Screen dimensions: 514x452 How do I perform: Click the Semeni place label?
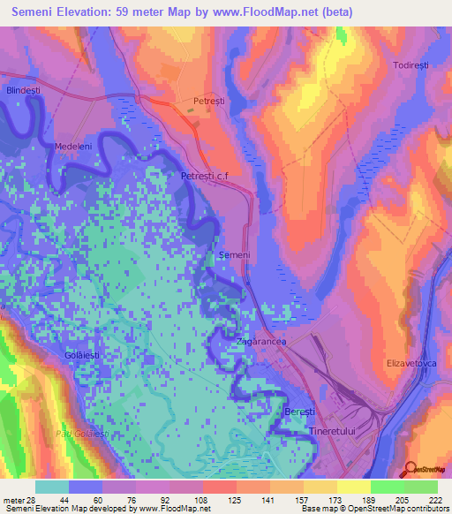235,255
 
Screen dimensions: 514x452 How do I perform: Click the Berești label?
299,412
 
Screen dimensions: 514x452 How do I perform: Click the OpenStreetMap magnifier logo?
410,469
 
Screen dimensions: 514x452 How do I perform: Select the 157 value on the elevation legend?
287,500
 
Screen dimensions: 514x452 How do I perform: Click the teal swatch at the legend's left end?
52,487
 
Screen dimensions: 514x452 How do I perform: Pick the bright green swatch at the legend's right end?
421,487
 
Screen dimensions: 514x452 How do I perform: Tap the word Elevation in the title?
94,12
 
